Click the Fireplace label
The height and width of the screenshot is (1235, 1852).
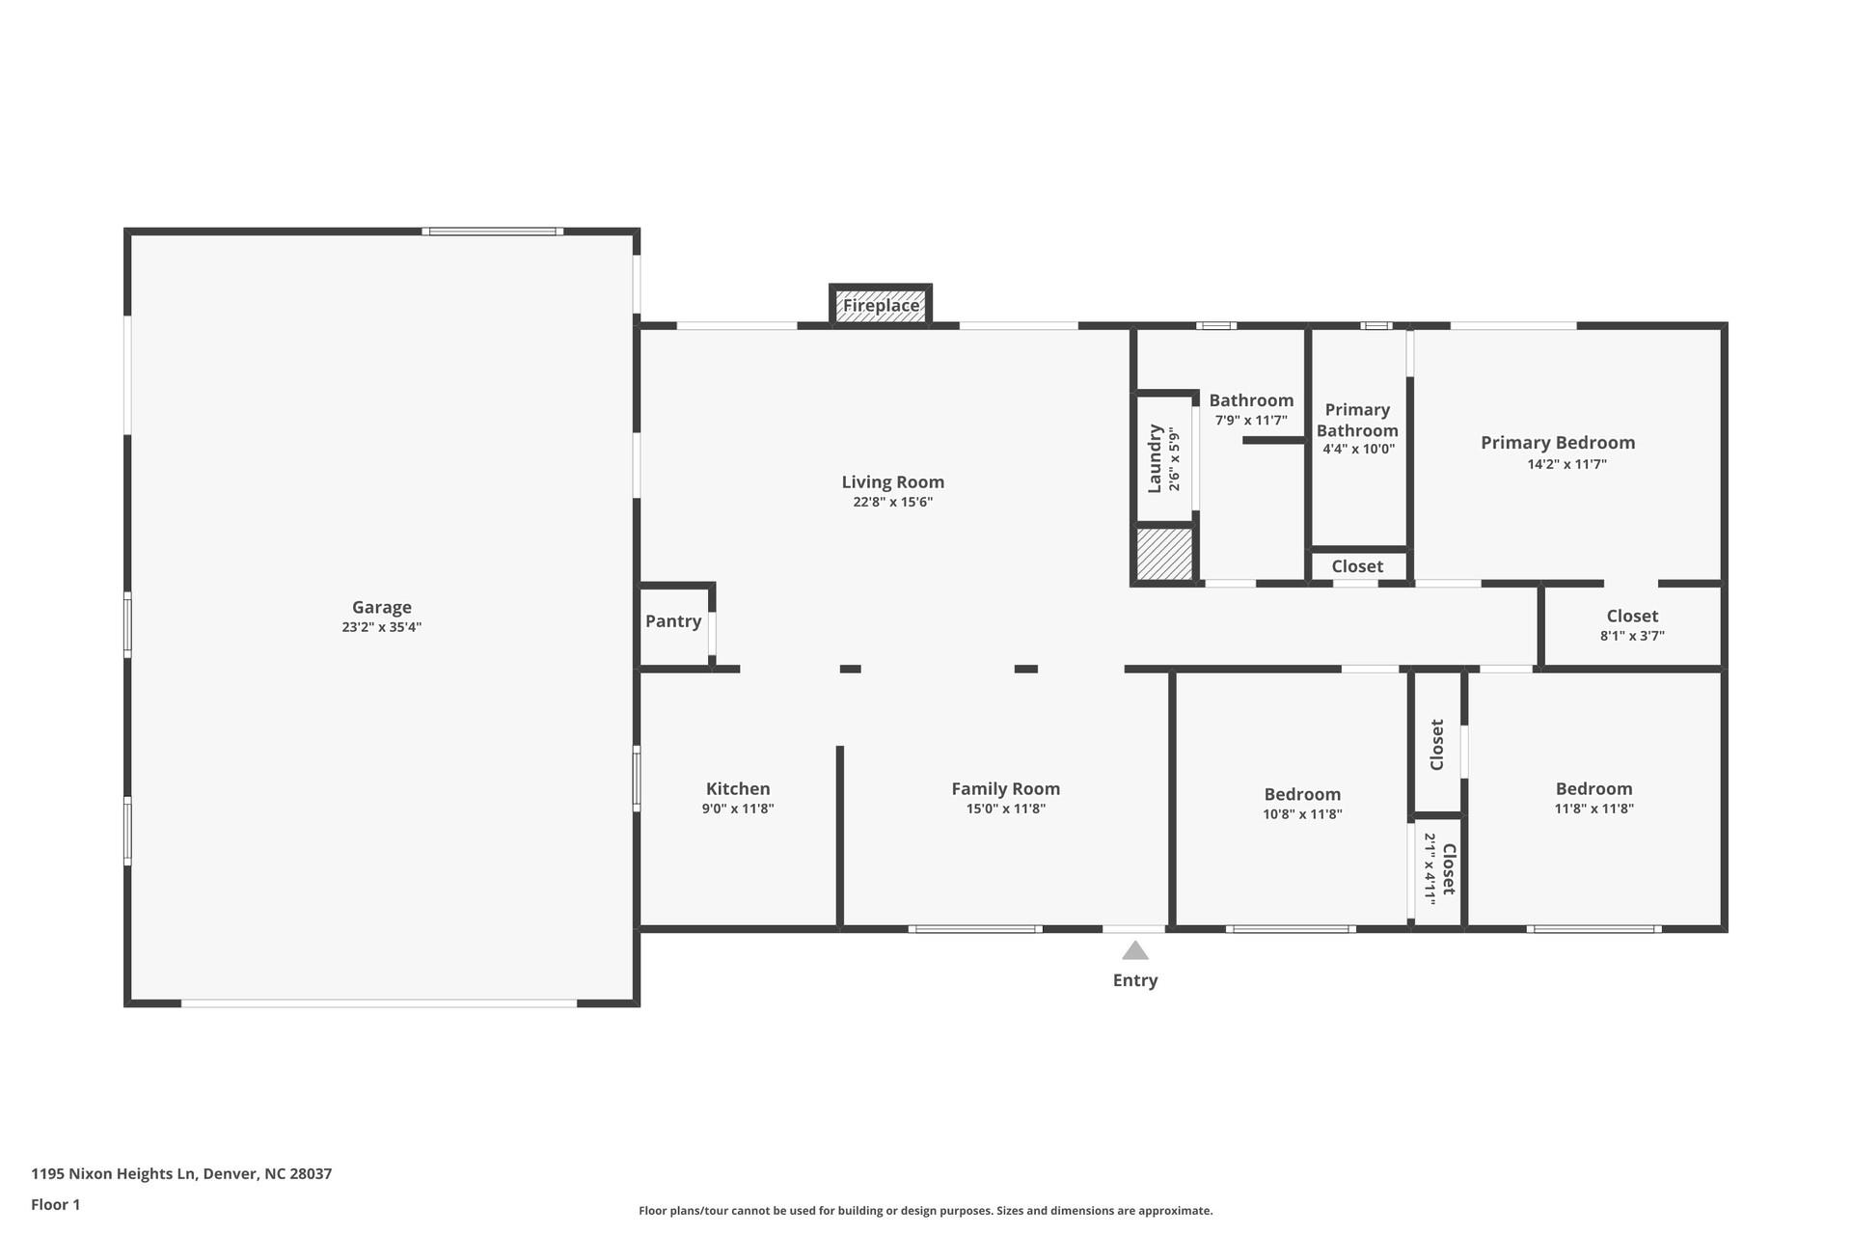[881, 306]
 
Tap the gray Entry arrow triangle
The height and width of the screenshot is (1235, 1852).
[1135, 951]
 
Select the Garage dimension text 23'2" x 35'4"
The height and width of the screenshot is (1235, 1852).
[381, 627]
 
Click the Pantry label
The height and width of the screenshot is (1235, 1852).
[673, 621]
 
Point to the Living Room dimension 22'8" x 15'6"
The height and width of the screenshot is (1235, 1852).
[892, 502]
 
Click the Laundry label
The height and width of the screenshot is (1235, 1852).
[1155, 458]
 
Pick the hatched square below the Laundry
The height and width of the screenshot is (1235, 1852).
[1164, 554]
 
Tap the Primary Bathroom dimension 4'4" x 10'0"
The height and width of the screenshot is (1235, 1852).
[1358, 449]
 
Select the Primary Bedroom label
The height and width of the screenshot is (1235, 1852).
[1557, 443]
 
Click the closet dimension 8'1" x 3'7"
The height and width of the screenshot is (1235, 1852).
[1632, 636]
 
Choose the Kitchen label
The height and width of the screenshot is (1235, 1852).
[738, 789]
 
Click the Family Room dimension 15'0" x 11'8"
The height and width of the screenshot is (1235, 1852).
[1005, 809]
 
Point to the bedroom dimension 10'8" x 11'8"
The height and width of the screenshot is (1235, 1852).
[1302, 813]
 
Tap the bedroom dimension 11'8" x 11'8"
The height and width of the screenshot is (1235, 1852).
[1593, 809]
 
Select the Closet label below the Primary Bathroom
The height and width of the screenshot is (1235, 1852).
[1357, 566]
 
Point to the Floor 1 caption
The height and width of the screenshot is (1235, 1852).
[56, 1204]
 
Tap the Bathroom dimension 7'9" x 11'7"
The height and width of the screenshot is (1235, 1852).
[1251, 420]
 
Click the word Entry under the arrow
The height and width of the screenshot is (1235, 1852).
[1135, 980]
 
